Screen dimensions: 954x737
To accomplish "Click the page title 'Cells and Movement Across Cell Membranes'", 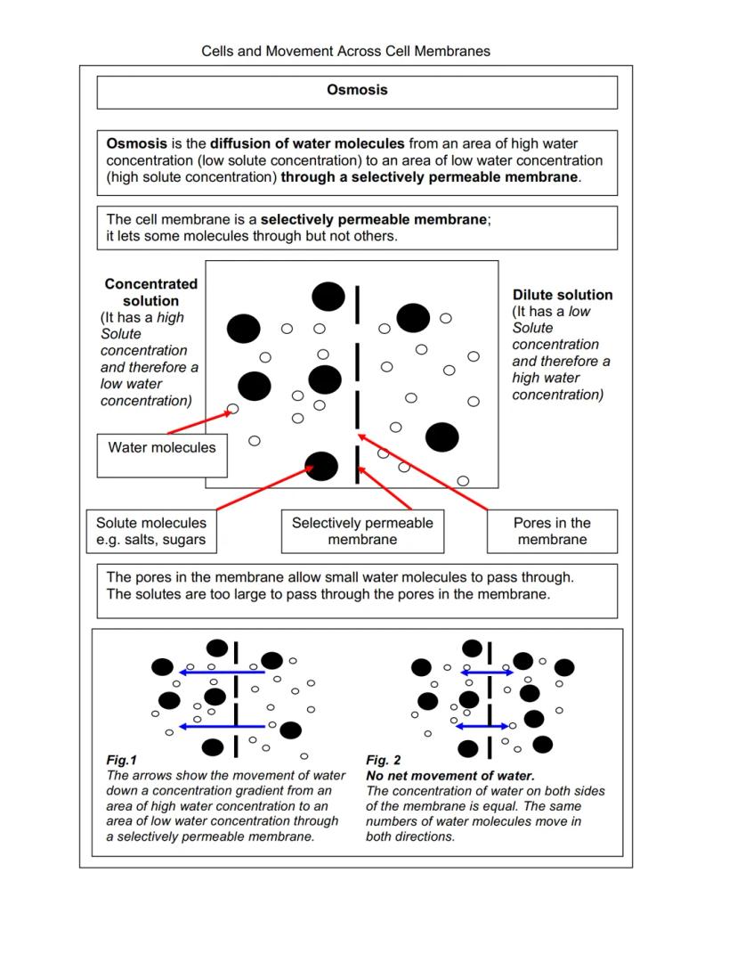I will pyautogui.click(x=345, y=51).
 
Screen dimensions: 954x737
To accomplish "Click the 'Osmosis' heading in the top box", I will pyautogui.click(x=357, y=90).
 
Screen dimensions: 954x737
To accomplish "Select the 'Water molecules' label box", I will pyautogui.click(x=162, y=448).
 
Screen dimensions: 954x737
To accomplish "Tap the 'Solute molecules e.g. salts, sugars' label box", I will pyautogui.click(x=151, y=531).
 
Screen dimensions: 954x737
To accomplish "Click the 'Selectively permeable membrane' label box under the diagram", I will pyautogui.click(x=362, y=531).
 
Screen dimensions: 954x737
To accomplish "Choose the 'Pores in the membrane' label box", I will pyautogui.click(x=552, y=531).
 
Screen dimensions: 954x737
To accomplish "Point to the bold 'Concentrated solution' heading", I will pyautogui.click(x=150, y=292).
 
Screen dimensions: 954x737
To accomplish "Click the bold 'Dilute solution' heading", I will pyautogui.click(x=563, y=295).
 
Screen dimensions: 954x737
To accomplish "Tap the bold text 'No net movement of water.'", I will pyautogui.click(x=450, y=776).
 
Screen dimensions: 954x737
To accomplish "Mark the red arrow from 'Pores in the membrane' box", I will pyautogui.click(x=423, y=471).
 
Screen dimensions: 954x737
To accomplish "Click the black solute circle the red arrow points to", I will pyautogui.click(x=321, y=464).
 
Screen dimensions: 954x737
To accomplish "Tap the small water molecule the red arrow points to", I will pyautogui.click(x=233, y=410).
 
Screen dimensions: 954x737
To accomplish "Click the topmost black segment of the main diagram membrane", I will pyautogui.click(x=358, y=299).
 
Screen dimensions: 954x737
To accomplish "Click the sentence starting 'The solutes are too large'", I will pyautogui.click(x=328, y=594).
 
